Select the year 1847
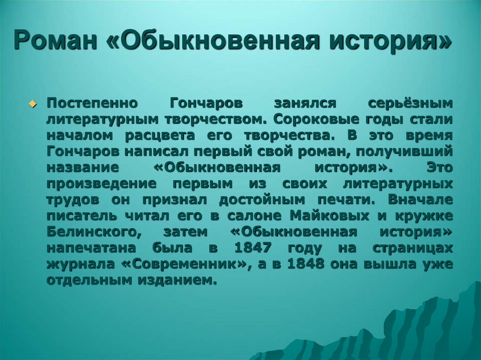[254, 248]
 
